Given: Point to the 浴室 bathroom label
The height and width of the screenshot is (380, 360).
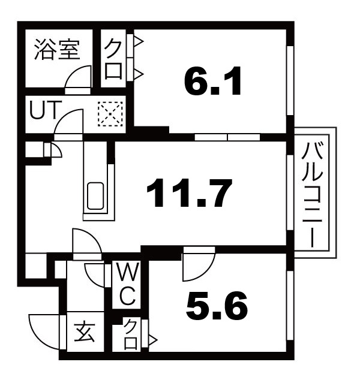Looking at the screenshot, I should click(x=56, y=49).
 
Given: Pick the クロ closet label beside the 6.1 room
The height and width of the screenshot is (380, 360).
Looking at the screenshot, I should click(x=114, y=59).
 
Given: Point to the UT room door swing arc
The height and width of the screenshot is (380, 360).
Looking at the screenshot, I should click(x=67, y=123).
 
